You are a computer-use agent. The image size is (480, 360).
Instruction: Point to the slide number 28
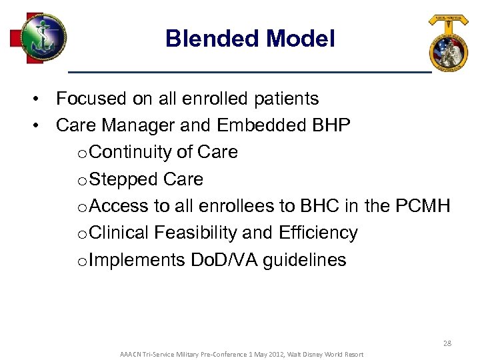[447, 343]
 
